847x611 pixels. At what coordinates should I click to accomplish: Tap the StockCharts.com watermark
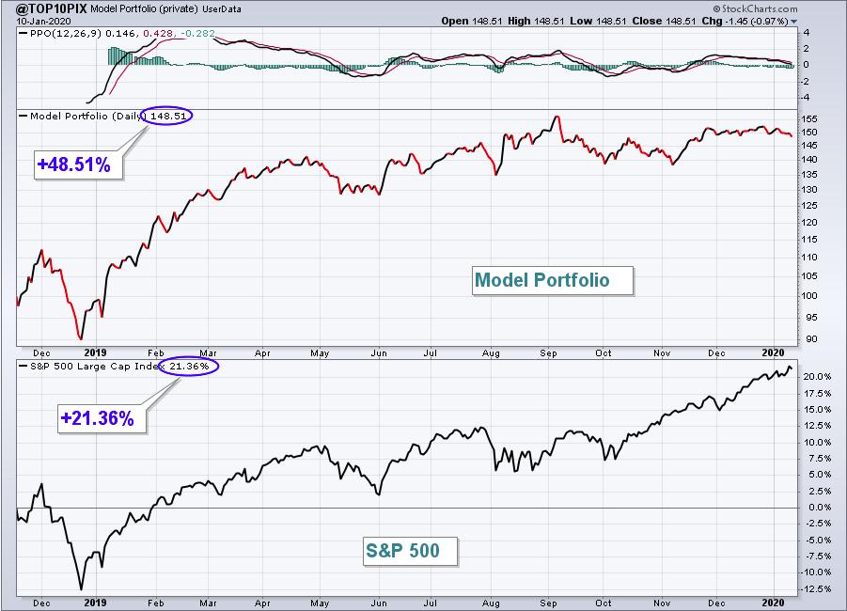pyautogui.click(x=755, y=8)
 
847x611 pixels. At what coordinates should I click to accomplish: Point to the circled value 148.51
pyautogui.click(x=168, y=116)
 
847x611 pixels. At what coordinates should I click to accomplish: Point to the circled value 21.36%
pyautogui.click(x=189, y=367)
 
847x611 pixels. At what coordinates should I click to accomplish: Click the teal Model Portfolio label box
pyautogui.click(x=552, y=280)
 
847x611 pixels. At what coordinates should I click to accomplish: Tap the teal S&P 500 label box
pyautogui.click(x=410, y=551)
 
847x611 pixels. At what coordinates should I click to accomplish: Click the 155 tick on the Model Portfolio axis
pyautogui.click(x=809, y=118)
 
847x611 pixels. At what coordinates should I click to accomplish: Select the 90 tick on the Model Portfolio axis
pyautogui.click(x=812, y=339)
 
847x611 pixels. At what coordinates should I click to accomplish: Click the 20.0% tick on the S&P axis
pyautogui.click(x=817, y=377)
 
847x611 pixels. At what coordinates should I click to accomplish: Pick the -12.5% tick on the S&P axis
pyautogui.click(x=815, y=588)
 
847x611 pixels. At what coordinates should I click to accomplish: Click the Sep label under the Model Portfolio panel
pyautogui.click(x=548, y=353)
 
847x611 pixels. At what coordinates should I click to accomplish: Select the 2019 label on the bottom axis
pyautogui.click(x=95, y=603)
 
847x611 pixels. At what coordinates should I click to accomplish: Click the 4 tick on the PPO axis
pyautogui.click(x=807, y=32)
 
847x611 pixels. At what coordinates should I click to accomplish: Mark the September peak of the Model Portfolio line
pyautogui.click(x=557, y=117)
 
